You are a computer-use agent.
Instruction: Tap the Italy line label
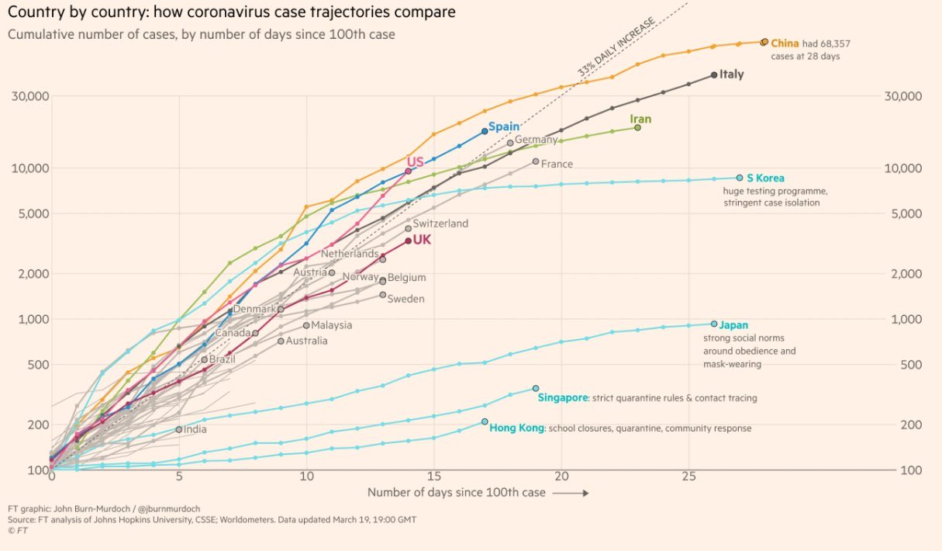(x=731, y=75)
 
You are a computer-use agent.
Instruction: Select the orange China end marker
(x=764, y=42)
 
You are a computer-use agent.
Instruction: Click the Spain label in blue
(x=503, y=126)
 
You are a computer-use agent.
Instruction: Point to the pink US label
(x=416, y=161)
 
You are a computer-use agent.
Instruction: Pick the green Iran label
(x=640, y=119)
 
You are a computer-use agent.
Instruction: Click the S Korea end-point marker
(x=740, y=178)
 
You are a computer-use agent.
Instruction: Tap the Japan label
(x=733, y=325)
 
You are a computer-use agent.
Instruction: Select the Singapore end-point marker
(x=536, y=388)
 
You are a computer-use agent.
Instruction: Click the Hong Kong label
(x=516, y=428)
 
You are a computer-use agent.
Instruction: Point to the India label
(x=195, y=429)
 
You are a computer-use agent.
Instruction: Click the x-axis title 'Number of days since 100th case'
(x=456, y=492)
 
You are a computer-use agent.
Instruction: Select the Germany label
(x=536, y=140)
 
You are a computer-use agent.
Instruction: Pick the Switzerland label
(x=440, y=224)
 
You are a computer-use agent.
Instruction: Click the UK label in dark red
(x=422, y=240)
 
